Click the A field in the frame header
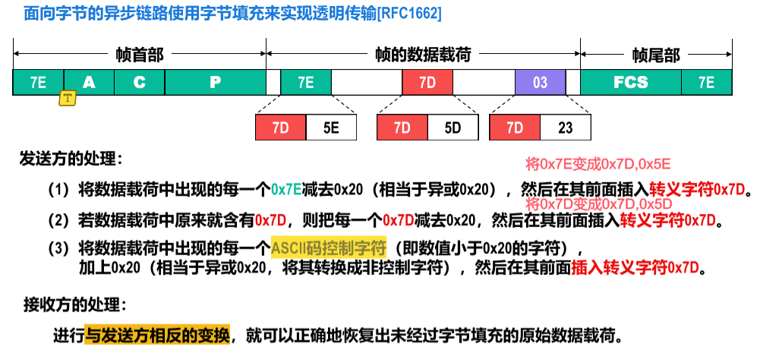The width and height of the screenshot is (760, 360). (89, 82)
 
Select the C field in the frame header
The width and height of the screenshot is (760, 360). (139, 82)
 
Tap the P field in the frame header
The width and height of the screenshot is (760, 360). (215, 82)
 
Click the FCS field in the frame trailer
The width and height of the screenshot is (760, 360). (630, 82)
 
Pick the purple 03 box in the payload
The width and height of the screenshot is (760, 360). (540, 82)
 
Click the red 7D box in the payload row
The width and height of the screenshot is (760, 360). (427, 82)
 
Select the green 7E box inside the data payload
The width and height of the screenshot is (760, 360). (305, 82)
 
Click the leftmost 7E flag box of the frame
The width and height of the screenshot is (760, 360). (38, 82)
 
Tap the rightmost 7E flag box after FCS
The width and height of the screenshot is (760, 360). (706, 82)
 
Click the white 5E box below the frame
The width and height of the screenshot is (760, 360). (331, 128)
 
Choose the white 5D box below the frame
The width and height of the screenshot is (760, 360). (453, 128)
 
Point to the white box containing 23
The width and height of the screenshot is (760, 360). (566, 128)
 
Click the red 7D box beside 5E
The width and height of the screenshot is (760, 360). (281, 128)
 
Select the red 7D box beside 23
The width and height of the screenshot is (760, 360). (515, 128)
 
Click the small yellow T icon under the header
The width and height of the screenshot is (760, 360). (68, 98)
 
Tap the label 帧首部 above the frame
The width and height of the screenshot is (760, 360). (140, 55)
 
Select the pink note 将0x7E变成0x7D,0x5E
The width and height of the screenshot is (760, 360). (598, 164)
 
